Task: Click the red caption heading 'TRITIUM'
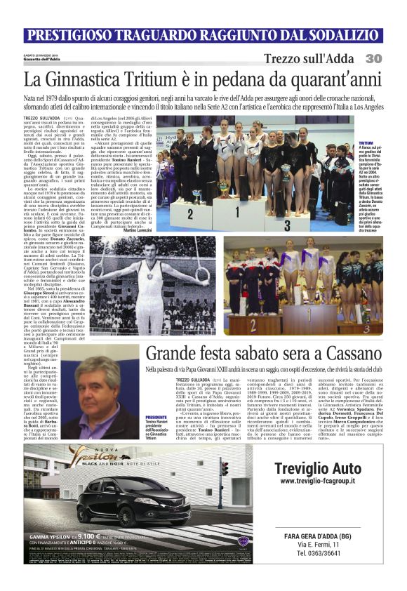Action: point(366,142)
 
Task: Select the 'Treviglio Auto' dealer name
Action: point(317,468)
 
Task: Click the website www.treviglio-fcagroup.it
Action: point(317,481)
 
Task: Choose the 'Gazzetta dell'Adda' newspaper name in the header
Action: point(42,59)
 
